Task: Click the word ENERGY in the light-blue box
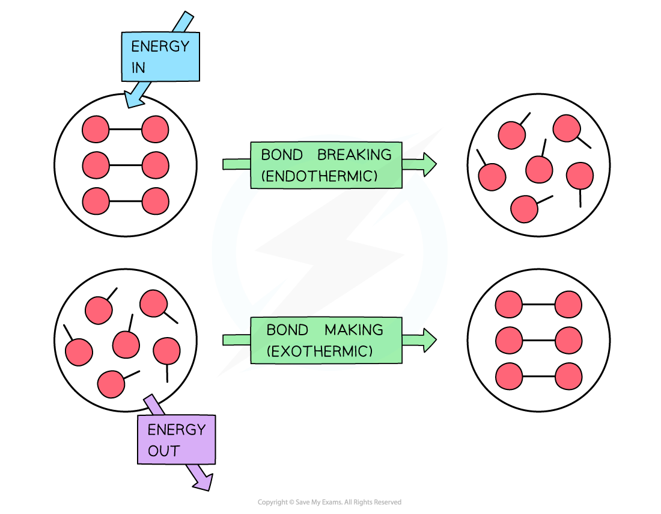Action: [x=160, y=46]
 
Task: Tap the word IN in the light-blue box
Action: [x=138, y=68]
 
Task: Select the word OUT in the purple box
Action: [x=163, y=451]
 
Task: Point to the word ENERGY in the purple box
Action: [x=177, y=430]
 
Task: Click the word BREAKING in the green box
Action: [x=355, y=155]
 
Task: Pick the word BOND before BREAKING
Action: [x=281, y=155]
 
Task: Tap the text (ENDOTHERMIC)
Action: [x=320, y=176]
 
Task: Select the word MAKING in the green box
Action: [x=354, y=330]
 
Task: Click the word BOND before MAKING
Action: [x=287, y=330]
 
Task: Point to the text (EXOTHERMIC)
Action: [x=320, y=351]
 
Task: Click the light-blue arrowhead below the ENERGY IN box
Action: [x=134, y=99]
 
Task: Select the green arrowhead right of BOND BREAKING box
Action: [x=427, y=164]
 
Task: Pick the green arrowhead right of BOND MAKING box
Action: [x=427, y=340]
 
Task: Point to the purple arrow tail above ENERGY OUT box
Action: [x=151, y=405]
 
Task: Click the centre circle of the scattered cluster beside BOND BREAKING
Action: [x=539, y=170]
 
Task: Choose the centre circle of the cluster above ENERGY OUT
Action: [x=126, y=345]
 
